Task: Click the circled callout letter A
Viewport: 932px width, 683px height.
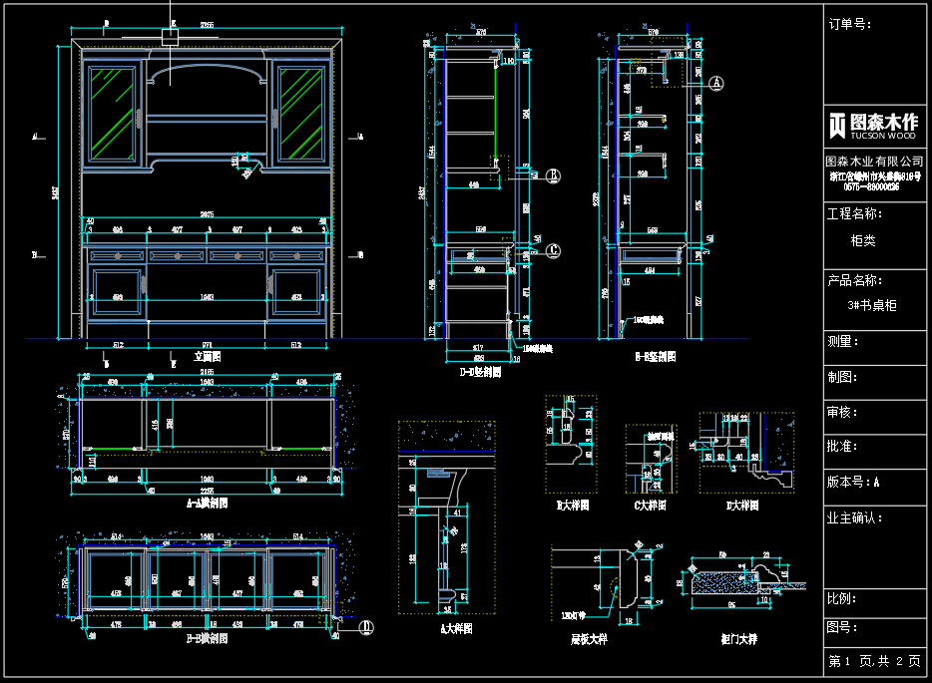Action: coord(716,85)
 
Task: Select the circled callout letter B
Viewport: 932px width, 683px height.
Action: coord(554,176)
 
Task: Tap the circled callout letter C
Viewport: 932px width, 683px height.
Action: coord(554,251)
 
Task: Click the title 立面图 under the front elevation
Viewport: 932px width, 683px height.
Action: coord(208,356)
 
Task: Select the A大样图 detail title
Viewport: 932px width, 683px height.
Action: coord(456,629)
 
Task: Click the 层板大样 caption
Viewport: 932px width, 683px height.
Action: coord(588,639)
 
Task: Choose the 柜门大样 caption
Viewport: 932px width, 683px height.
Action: coord(739,639)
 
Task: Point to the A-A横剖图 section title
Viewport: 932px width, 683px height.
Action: coord(207,504)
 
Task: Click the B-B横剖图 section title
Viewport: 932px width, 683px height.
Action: coord(207,638)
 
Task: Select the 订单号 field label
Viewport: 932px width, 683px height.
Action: coord(849,24)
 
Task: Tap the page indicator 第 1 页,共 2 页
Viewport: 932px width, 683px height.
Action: coord(874,661)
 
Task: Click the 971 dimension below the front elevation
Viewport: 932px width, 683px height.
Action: coord(208,345)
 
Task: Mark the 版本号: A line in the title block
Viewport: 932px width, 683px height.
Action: coord(854,482)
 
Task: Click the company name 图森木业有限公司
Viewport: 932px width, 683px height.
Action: coord(874,162)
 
